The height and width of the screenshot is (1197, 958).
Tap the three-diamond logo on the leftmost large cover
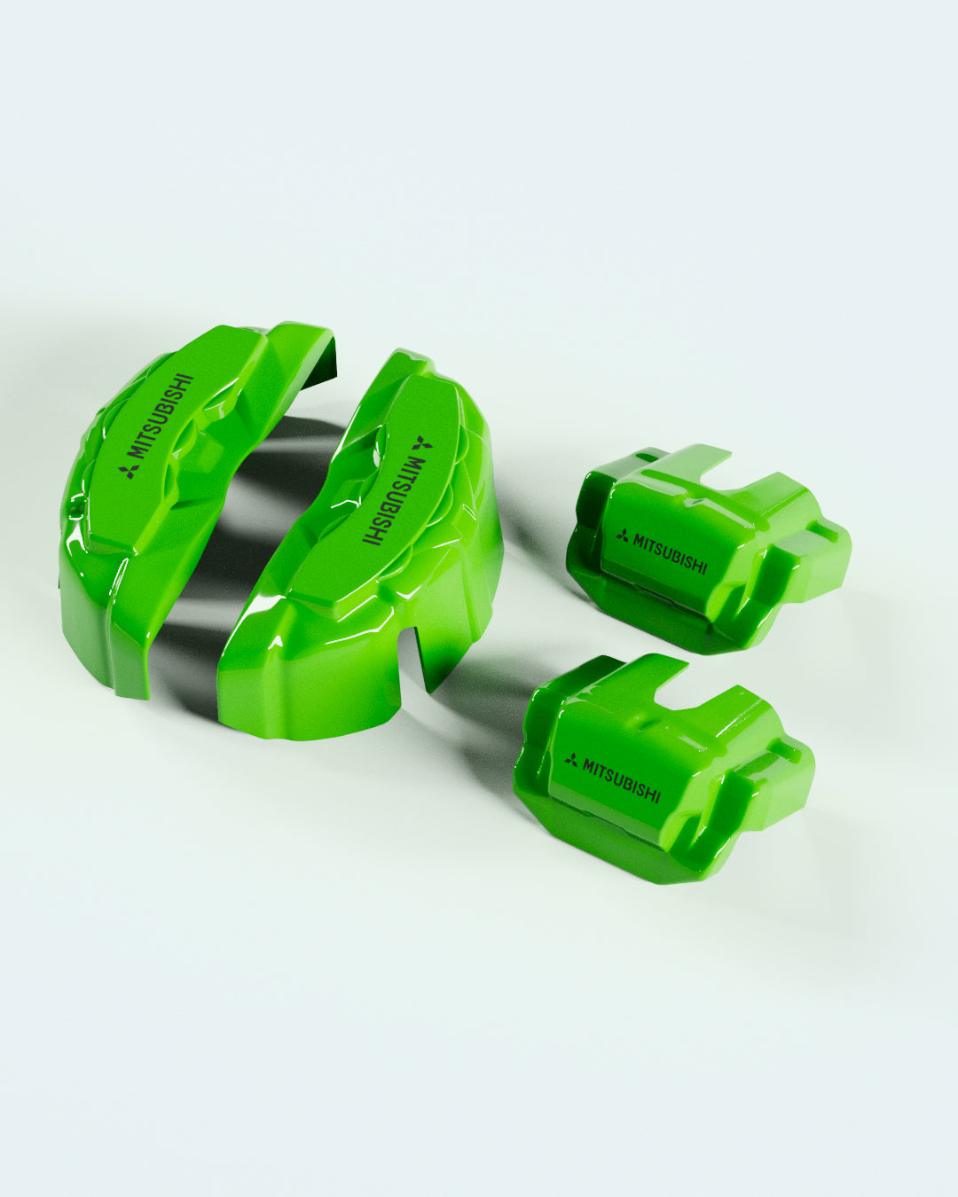(129, 472)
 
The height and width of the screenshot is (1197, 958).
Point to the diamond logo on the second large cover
(421, 443)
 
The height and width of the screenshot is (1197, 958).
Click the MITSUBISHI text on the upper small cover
(671, 554)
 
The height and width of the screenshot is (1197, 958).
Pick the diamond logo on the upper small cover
(623, 536)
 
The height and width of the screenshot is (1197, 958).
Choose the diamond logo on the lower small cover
(571, 761)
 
